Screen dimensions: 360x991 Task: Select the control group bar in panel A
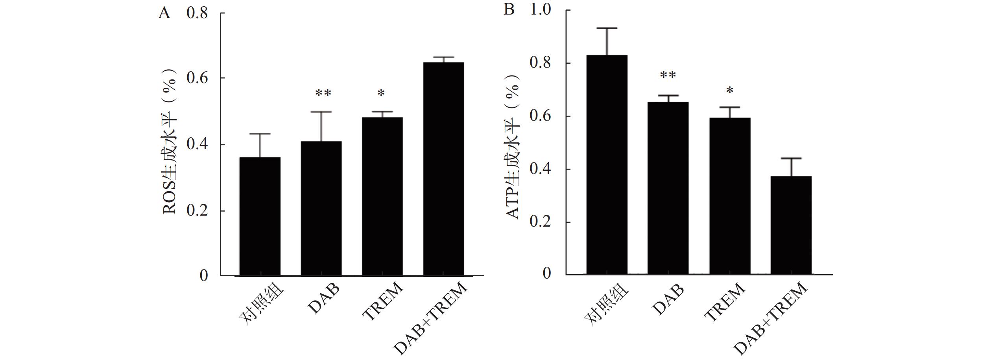click(260, 216)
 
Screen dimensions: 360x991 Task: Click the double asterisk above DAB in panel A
click(323, 93)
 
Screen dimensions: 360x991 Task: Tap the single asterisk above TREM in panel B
click(730, 91)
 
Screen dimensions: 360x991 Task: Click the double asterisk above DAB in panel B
click(668, 75)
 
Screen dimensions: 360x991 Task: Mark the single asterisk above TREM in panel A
click(381, 94)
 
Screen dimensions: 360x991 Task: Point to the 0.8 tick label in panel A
click(197, 13)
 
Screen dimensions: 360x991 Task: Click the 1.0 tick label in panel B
click(541, 9)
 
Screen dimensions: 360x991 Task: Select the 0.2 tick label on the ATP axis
click(541, 222)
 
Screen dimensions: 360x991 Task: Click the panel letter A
click(164, 13)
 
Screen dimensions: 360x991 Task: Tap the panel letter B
click(509, 9)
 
